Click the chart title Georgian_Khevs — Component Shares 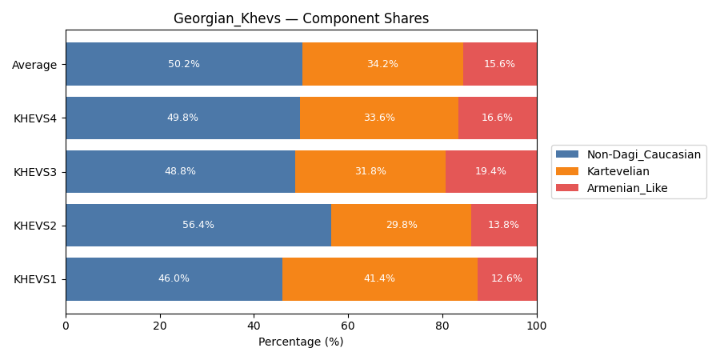coord(301,18)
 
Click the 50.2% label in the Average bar coord(184,64)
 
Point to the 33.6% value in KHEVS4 coord(379,118)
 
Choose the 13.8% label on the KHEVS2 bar coord(503,225)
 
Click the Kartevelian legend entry coord(618,171)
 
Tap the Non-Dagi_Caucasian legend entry coord(643,154)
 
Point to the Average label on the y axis coord(34,65)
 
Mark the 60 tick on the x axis coord(348,326)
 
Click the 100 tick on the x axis coord(537,326)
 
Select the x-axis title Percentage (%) coord(301,342)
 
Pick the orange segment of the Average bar coord(382,64)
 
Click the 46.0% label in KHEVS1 coord(174,278)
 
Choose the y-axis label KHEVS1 coord(35,279)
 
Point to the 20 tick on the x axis coord(160,326)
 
